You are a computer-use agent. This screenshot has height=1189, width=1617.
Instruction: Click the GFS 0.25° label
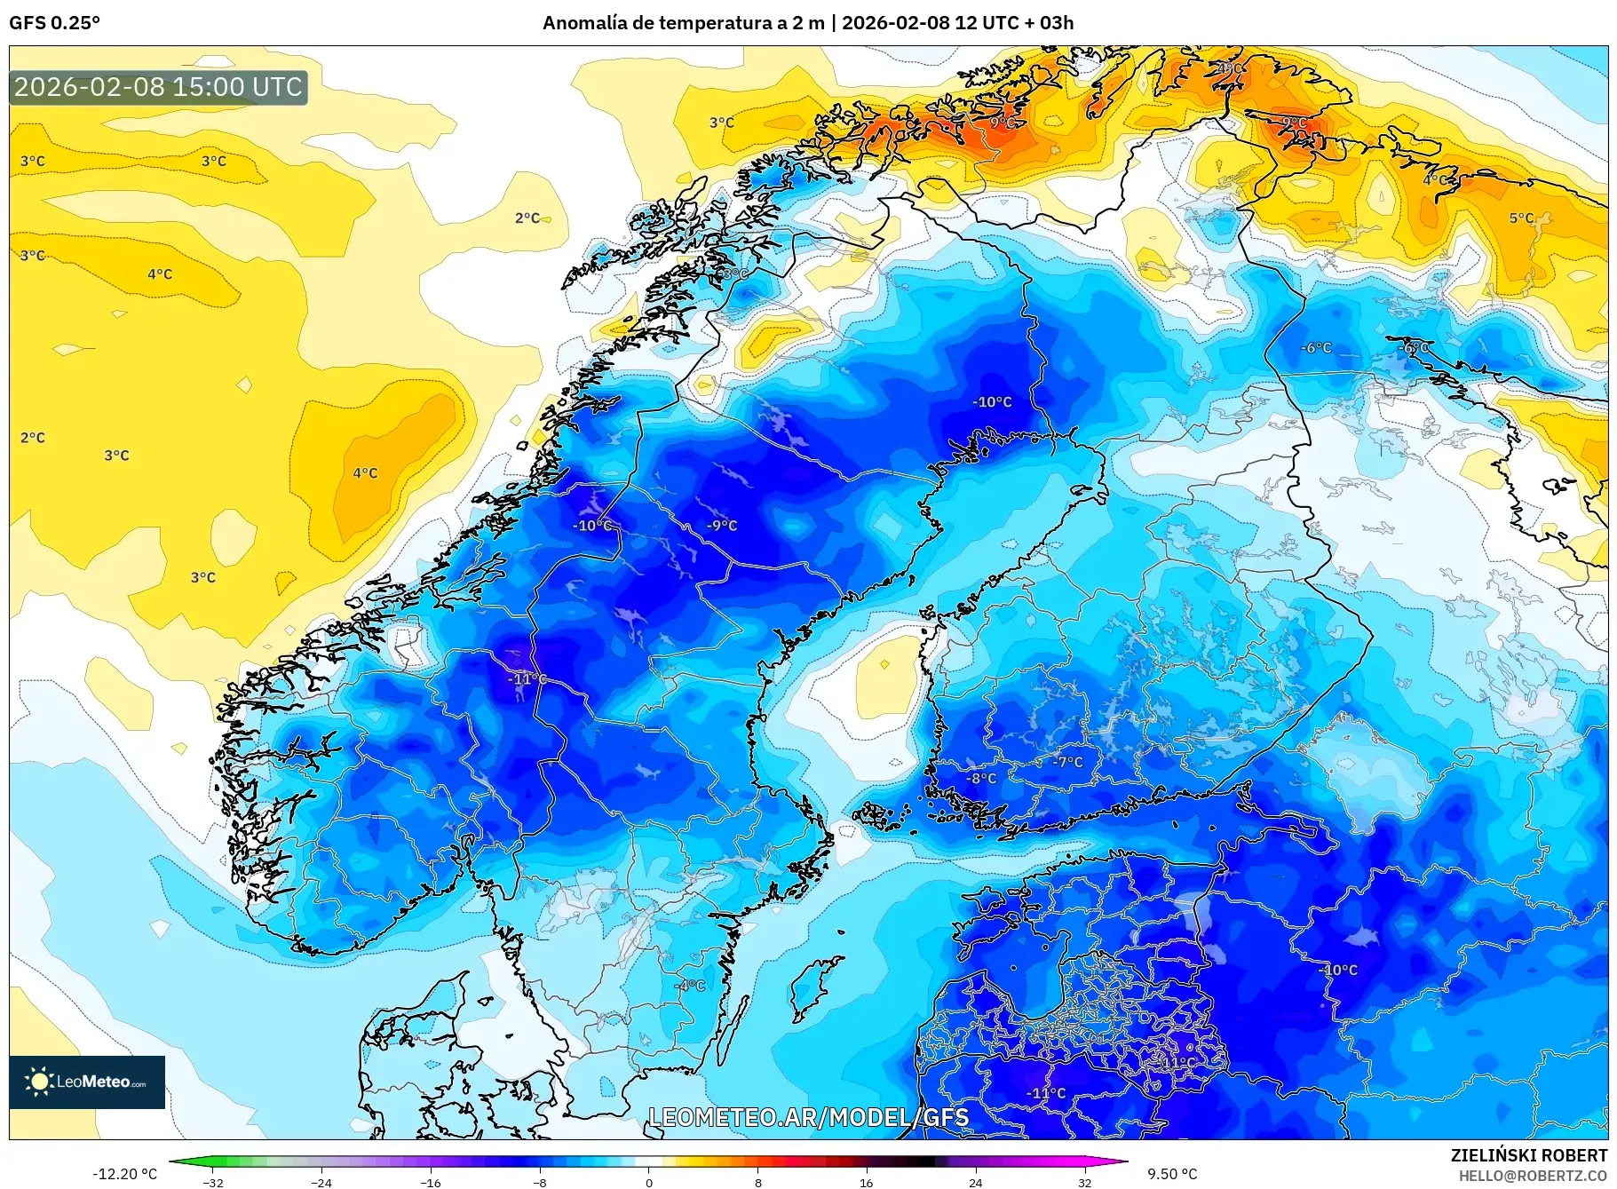click(x=54, y=23)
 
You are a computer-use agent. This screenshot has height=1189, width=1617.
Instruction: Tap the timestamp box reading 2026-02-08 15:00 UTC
click(x=158, y=87)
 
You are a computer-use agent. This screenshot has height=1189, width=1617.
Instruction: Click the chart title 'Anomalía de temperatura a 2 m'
click(x=683, y=23)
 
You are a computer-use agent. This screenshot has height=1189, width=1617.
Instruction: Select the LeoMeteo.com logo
click(x=87, y=1081)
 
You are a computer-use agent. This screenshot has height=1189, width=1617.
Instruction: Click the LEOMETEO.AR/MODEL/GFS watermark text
click(x=808, y=1117)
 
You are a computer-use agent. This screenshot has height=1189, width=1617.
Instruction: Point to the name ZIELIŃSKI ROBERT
click(x=1528, y=1155)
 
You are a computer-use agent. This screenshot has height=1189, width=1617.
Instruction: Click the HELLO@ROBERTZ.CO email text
click(x=1533, y=1175)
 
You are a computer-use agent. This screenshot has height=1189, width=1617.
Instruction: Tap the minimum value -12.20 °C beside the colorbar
click(x=124, y=1174)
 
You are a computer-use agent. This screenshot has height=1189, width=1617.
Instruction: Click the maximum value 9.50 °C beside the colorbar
click(x=1172, y=1174)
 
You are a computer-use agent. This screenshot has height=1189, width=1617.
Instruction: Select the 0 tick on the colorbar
click(x=648, y=1182)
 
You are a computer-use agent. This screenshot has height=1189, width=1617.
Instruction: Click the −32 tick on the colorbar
click(x=213, y=1182)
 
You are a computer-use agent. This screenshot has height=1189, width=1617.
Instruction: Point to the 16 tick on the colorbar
click(x=866, y=1182)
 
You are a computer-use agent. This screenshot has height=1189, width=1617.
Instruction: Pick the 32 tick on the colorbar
click(x=1084, y=1182)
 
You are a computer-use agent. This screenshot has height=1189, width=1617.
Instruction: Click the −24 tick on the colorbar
click(x=321, y=1182)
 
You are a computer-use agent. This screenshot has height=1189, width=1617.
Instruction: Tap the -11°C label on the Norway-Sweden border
click(x=527, y=678)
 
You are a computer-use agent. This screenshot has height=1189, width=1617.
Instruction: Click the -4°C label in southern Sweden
click(x=689, y=985)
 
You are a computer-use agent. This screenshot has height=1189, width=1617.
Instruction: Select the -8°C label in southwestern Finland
click(x=981, y=778)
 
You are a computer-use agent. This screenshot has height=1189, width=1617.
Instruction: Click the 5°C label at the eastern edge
click(x=1520, y=218)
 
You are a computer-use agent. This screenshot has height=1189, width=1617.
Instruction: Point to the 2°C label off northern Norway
click(x=527, y=218)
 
